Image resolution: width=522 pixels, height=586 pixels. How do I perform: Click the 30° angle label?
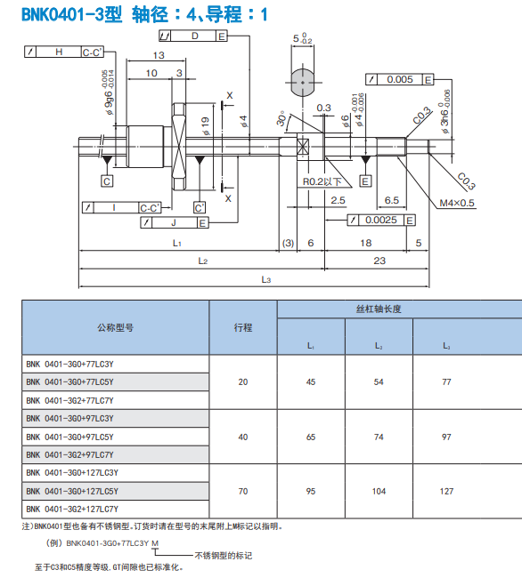click(281, 118)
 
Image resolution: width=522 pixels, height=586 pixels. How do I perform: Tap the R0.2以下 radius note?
click(322, 181)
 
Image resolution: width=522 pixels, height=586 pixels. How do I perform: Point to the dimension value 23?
click(379, 261)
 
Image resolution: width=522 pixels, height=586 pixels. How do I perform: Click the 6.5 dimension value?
click(390, 200)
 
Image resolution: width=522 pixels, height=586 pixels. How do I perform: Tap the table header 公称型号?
click(115, 327)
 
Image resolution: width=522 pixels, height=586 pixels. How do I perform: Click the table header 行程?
click(243, 327)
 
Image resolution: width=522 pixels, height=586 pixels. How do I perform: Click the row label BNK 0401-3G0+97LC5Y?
click(69, 437)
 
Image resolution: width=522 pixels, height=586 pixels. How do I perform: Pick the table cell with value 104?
click(379, 491)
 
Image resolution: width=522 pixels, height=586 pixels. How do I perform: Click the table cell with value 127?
click(446, 491)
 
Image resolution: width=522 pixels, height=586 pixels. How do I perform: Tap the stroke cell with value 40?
click(243, 437)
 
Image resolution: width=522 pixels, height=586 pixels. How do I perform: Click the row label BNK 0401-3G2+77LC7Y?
click(69, 400)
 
